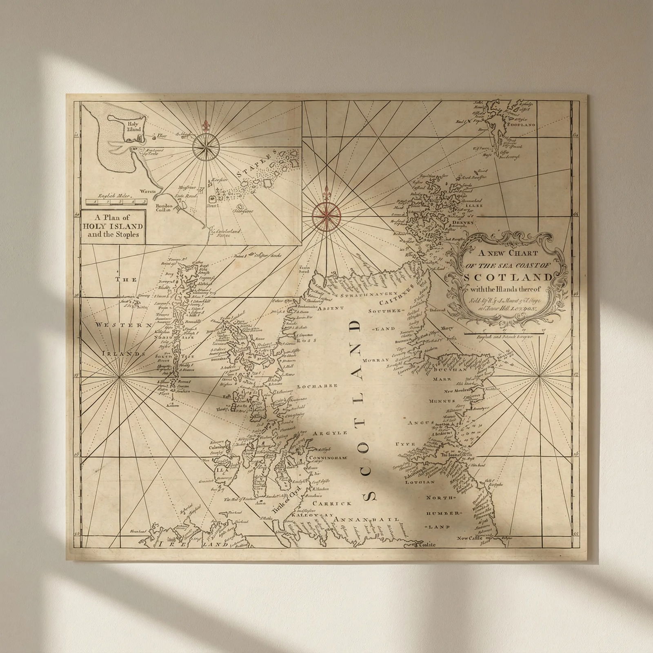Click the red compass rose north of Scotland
(x=326, y=214)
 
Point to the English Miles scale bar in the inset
(x=117, y=201)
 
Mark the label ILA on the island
(x=220, y=469)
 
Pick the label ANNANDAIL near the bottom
(x=366, y=520)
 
